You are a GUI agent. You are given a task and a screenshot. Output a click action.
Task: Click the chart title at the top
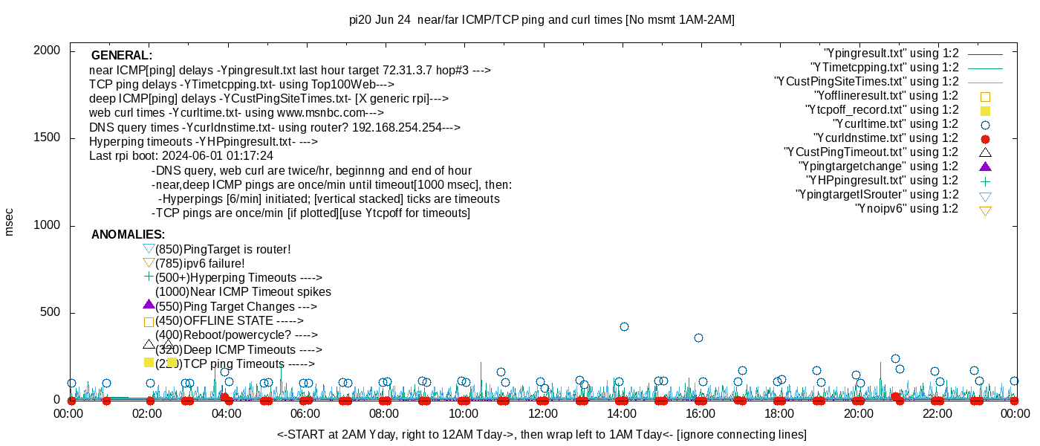542,20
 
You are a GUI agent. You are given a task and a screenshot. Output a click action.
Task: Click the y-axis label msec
10,222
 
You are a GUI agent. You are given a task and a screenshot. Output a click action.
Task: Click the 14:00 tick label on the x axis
621,413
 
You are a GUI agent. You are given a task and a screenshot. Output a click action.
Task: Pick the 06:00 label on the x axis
305,413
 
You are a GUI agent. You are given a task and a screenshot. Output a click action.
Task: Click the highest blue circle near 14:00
624,327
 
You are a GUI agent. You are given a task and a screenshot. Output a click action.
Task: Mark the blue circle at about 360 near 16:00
698,337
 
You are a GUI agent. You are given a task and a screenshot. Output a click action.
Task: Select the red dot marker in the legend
985,139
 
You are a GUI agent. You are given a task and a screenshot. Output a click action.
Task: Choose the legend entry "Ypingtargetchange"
878,167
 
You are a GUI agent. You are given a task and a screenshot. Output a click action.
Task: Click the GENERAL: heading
122,56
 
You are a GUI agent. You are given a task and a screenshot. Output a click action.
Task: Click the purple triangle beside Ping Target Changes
149,305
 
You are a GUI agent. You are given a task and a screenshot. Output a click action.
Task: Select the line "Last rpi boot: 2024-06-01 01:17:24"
181,156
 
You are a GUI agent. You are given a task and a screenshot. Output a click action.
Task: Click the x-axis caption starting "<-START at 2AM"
542,434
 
